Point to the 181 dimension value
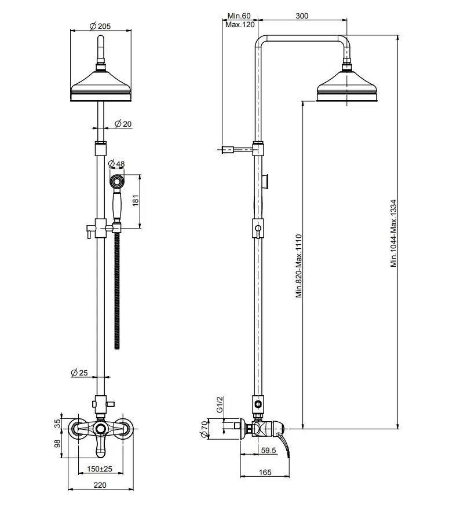pyautogui.click(x=136, y=201)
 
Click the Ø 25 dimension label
pyautogui.click(x=79, y=374)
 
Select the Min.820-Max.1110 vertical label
pyautogui.click(x=299, y=266)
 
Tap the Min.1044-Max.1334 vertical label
pyautogui.click(x=393, y=233)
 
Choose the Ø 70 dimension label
pyautogui.click(x=204, y=429)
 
